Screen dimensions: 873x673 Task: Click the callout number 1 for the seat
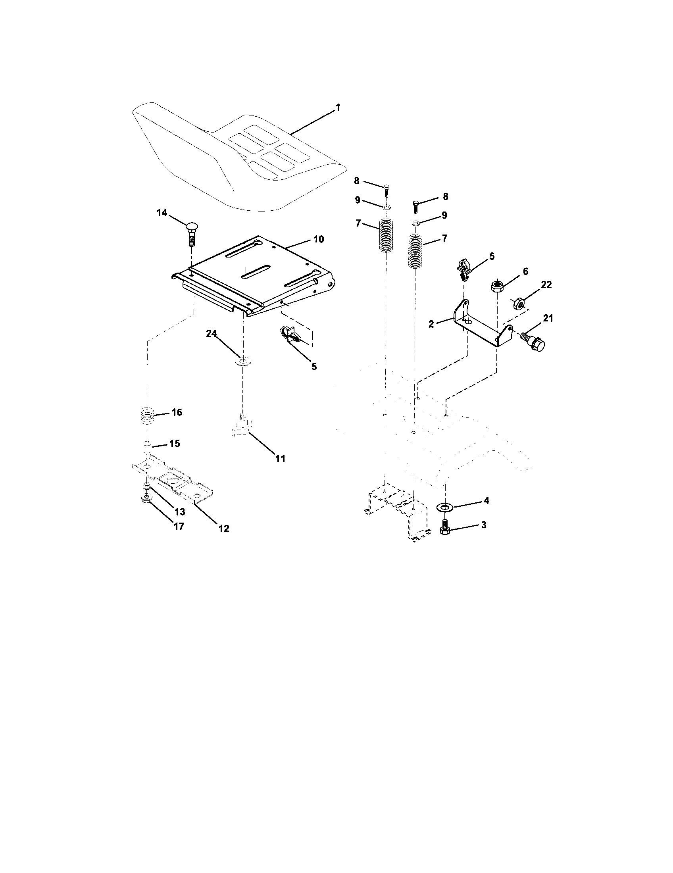(338, 108)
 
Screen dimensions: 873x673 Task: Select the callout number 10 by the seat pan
(319, 239)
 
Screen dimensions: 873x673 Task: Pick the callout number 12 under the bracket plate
(223, 528)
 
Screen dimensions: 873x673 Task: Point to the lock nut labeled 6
(497, 286)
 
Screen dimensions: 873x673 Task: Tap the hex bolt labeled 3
(444, 529)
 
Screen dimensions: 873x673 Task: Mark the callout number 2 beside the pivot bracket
(431, 324)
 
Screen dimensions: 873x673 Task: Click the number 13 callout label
(179, 511)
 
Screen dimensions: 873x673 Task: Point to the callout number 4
(486, 500)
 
